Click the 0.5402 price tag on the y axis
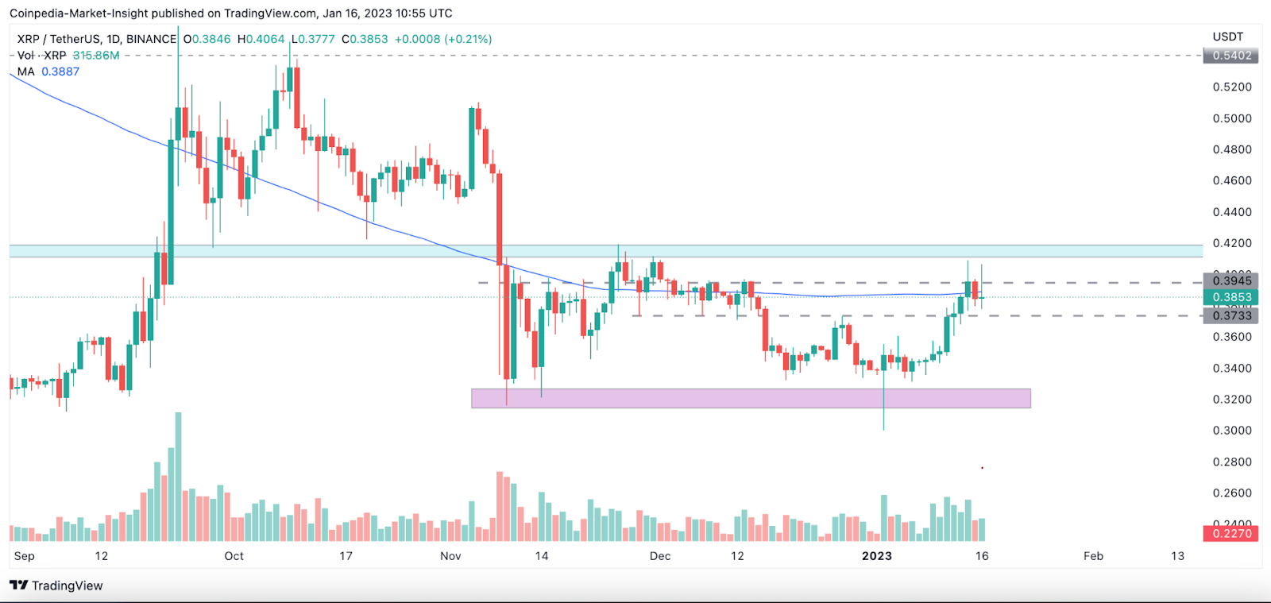point(1231,56)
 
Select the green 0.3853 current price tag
point(1231,297)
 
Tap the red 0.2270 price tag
point(1231,533)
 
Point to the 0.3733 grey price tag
point(1231,315)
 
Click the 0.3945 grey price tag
point(1231,280)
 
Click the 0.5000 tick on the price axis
point(1232,118)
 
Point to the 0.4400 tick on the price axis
point(1232,212)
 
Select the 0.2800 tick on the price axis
point(1232,462)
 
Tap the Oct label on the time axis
point(234,556)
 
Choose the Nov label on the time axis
point(450,556)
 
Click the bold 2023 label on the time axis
point(877,556)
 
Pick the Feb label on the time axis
point(1093,556)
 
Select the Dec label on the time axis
point(660,556)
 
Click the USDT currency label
point(1227,37)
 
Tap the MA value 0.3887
point(60,72)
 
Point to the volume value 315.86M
point(96,56)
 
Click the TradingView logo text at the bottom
point(67,586)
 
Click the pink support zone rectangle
point(751,398)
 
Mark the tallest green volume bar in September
point(178,477)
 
